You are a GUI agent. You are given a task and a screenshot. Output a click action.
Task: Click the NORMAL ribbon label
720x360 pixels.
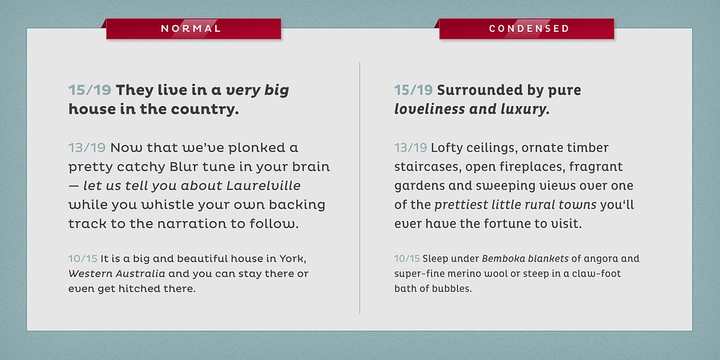pos(191,29)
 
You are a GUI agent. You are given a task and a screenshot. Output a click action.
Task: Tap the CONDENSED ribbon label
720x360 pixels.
pos(529,29)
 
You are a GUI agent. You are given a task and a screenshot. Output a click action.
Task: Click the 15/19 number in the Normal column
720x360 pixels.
pos(90,90)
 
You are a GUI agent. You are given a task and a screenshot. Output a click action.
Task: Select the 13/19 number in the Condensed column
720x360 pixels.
pos(411,148)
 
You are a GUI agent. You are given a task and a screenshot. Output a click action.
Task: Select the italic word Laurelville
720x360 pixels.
pos(264,186)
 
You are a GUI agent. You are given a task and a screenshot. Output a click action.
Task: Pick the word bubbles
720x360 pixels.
pos(455,290)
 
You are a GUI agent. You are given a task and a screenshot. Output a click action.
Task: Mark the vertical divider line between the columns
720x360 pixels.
pos(359,188)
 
